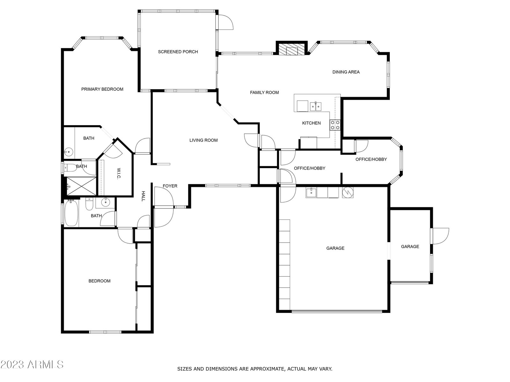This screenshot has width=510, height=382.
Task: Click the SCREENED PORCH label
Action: tap(178, 52)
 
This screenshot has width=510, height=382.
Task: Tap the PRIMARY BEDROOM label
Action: tap(102, 89)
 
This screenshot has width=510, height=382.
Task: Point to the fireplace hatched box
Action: tap(291, 50)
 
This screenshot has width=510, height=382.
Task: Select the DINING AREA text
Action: tap(346, 72)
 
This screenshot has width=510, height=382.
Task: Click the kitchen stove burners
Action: tap(335, 125)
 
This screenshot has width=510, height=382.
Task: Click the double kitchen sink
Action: tap(316, 106)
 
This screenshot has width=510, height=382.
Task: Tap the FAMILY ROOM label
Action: tap(265, 93)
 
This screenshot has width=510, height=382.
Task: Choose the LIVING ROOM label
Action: tap(204, 140)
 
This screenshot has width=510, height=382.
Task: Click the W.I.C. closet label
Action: tap(119, 173)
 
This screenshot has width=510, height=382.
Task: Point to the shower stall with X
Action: tap(81, 186)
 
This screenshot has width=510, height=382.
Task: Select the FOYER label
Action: tap(170, 186)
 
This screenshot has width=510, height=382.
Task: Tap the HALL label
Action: tap(143, 196)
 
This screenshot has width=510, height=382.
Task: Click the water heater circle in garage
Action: tap(348, 192)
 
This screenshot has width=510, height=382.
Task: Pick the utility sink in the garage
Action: tap(311, 193)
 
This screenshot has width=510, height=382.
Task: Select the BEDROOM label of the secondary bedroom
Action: tap(99, 281)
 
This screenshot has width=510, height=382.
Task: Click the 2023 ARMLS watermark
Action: tap(32, 365)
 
